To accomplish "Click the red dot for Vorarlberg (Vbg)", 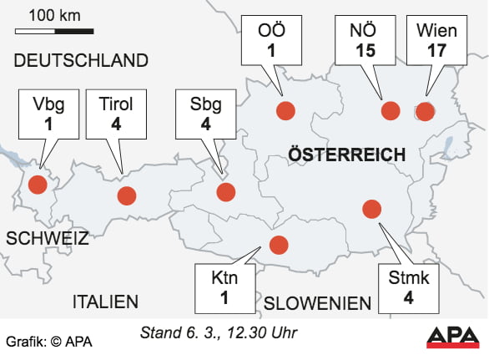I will click(x=37, y=185).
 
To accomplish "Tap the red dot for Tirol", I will click(x=126, y=196).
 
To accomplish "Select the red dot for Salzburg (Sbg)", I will click(x=225, y=192).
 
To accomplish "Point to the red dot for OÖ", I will click(x=285, y=111).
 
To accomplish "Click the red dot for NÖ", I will click(x=391, y=111).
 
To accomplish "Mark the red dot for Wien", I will click(x=425, y=111).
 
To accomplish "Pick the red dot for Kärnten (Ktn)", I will click(x=278, y=245).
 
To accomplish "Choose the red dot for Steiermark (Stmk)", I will click(x=371, y=208).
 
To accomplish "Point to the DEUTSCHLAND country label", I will click(x=81, y=60).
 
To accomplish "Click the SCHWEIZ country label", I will click(x=47, y=238).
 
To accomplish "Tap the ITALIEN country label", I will click(x=105, y=302).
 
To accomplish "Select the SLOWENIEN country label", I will click(x=317, y=303).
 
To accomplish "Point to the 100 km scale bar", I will click(x=54, y=31).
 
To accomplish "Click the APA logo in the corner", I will click(x=454, y=337).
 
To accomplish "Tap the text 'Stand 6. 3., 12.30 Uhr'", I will click(x=219, y=333).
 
